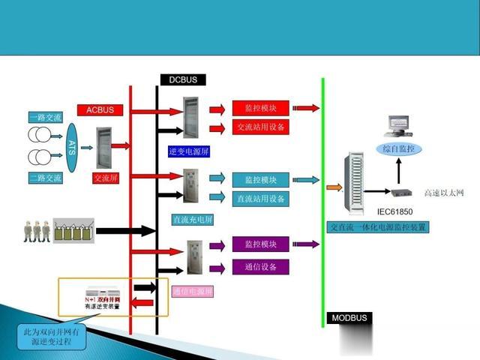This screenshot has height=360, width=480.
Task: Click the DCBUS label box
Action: [x=182, y=79]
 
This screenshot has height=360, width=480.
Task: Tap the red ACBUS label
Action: [x=100, y=109]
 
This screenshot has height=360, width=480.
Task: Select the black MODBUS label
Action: [x=349, y=318]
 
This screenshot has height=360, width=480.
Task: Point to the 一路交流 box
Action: [x=44, y=117]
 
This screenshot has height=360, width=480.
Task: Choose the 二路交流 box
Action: [x=44, y=178]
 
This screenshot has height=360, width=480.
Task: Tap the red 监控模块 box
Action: [x=260, y=108]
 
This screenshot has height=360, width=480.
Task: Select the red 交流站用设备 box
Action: [x=260, y=127]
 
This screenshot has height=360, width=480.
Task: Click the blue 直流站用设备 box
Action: [x=260, y=199]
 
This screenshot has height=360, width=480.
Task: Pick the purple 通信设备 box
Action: [x=260, y=266]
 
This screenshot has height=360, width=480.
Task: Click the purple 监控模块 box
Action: [x=260, y=244]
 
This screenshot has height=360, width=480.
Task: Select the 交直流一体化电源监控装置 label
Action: [x=379, y=226]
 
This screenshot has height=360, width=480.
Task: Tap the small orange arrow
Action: [x=331, y=185]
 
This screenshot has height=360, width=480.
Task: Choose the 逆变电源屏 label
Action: [x=189, y=151]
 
